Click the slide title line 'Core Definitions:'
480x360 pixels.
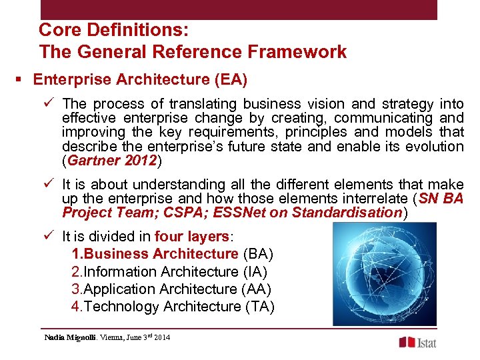click(x=113, y=30)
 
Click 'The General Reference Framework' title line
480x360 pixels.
click(x=193, y=52)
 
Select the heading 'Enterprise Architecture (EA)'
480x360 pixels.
click(x=140, y=80)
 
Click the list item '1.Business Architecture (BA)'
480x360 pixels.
click(x=172, y=254)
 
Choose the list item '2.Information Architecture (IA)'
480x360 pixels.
click(x=169, y=272)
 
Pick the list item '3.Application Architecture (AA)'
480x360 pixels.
click(x=171, y=289)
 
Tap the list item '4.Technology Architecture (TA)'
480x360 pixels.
click(x=173, y=307)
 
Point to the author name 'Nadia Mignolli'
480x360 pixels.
click(x=70, y=337)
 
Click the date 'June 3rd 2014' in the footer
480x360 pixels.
click(x=147, y=337)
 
